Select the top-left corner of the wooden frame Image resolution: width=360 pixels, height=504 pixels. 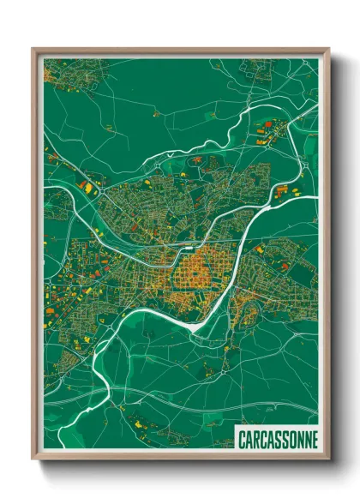[33, 50]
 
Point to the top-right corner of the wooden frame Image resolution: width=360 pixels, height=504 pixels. [328, 50]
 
